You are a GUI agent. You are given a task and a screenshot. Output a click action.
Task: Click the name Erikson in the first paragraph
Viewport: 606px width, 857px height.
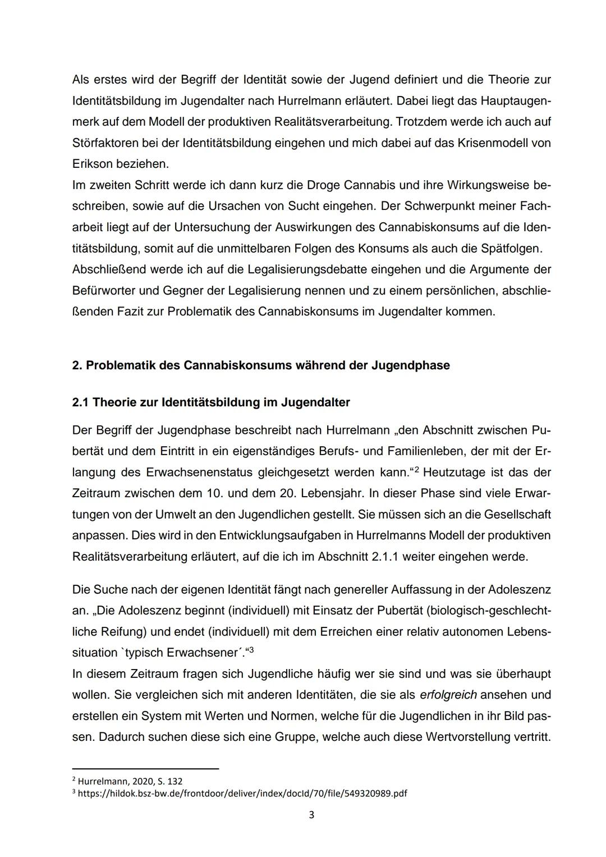[x=92, y=164]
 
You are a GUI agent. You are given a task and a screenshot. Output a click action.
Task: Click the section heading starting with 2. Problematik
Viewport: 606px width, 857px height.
[x=261, y=365]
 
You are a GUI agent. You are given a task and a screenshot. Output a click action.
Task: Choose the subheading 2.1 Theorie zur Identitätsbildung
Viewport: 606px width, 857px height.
[x=211, y=402]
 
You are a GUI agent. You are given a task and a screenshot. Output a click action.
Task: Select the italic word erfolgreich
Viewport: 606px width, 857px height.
[x=448, y=695]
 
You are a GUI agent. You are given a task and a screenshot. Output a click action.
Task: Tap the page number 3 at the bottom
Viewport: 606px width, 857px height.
[x=311, y=815]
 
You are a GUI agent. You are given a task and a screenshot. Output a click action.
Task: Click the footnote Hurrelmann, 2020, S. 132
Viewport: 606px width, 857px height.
[x=130, y=781]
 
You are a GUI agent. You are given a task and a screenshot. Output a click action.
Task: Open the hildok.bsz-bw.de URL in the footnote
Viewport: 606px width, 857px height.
[x=242, y=794]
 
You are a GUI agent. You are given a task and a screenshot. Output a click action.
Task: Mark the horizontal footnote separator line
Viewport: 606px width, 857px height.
[x=145, y=769]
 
